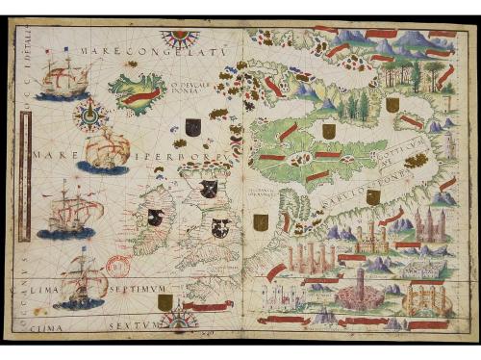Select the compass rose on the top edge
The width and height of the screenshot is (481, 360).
click(x=179, y=39)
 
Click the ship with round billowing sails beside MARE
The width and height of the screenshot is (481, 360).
click(x=106, y=149)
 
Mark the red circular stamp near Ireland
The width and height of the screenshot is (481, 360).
click(x=120, y=265)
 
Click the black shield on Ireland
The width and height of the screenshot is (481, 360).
click(x=154, y=218)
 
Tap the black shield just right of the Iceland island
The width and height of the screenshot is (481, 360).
click(x=193, y=126)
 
